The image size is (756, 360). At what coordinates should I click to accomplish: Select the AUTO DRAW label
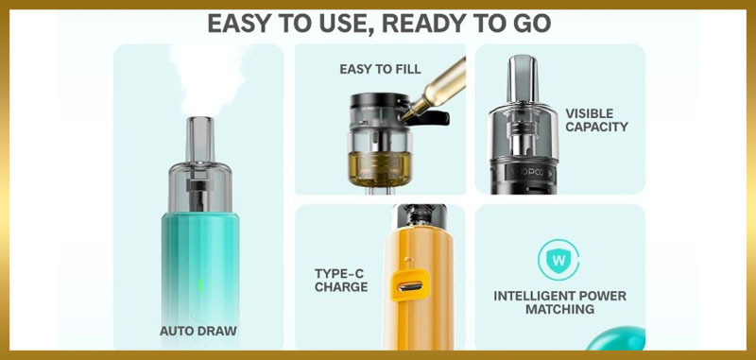[x=198, y=331]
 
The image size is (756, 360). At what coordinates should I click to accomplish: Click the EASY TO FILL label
[x=380, y=69]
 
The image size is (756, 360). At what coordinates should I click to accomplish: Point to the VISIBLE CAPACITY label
[x=596, y=120]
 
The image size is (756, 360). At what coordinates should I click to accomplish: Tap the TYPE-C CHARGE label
[x=341, y=281]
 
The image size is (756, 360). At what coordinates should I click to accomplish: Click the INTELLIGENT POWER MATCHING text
[x=559, y=302]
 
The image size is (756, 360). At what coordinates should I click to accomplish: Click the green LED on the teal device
[x=200, y=284]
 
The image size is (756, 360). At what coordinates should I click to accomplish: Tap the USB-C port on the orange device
[x=409, y=285]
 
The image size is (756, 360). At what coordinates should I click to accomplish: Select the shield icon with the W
[x=558, y=259]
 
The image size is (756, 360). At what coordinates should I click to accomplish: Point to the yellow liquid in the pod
[x=380, y=167]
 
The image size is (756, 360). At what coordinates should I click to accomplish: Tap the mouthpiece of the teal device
[x=200, y=140]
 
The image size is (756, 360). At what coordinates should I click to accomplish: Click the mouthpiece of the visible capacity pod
[x=523, y=79]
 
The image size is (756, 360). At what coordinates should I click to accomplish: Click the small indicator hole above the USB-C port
[x=408, y=259]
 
